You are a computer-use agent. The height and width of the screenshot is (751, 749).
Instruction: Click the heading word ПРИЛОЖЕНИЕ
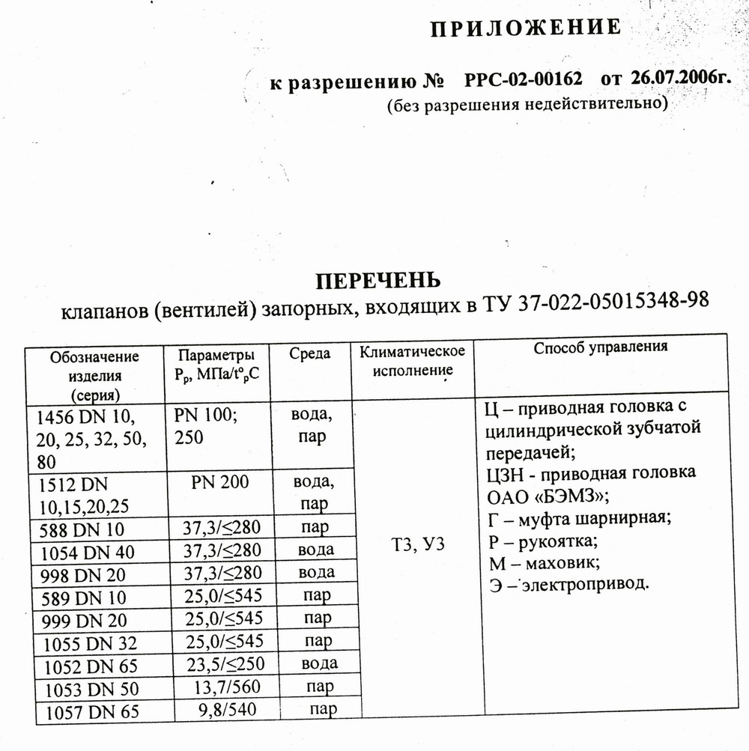coord(525,28)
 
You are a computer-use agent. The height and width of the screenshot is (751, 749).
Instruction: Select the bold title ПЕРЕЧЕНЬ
coord(377,281)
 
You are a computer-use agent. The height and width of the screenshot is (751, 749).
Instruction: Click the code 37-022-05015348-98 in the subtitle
coord(613,302)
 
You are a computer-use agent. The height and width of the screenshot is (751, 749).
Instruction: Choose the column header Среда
coord(309,353)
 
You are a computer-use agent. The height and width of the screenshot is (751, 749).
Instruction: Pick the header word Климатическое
coord(412,351)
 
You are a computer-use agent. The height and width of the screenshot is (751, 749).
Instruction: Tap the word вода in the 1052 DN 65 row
coord(319,663)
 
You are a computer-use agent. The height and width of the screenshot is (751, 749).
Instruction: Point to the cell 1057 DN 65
coord(91,713)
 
